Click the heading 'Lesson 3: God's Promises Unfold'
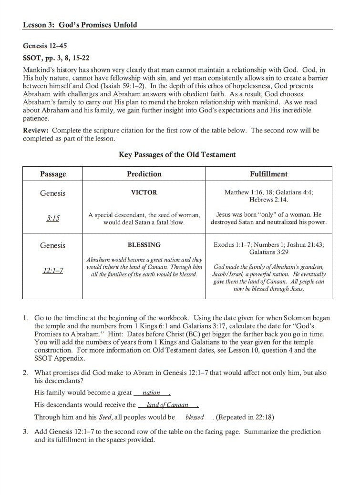pyautogui.click(x=80, y=24)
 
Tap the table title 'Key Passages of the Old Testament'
pyautogui.click(x=177, y=154)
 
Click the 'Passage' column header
pyautogui.click(x=53, y=174)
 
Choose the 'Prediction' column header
pyautogui.click(x=144, y=174)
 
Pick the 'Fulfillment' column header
pyautogui.click(x=268, y=174)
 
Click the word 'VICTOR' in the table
pyautogui.click(x=144, y=192)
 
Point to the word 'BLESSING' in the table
pyautogui.click(x=144, y=245)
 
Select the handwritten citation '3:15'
pyautogui.click(x=53, y=218)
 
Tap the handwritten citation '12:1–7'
pyautogui.click(x=53, y=271)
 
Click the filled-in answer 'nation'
pyautogui.click(x=151, y=393)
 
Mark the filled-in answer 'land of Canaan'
pyautogui.click(x=167, y=405)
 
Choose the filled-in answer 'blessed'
pyautogui.click(x=195, y=417)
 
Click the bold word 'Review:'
pyautogui.click(x=36, y=130)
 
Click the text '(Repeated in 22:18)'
pyautogui.click(x=246, y=417)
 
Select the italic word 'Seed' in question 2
pyautogui.click(x=104, y=417)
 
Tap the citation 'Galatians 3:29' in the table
pyautogui.click(x=268, y=252)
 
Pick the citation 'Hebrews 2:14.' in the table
pyautogui.click(x=268, y=200)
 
